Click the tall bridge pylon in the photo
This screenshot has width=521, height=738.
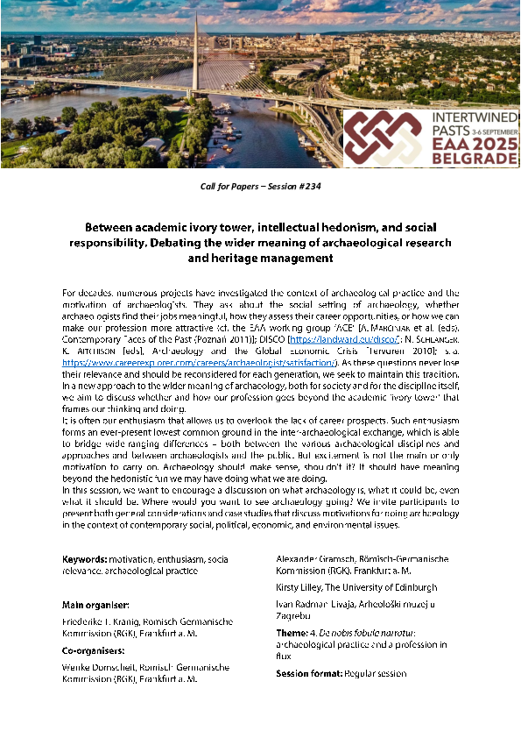[195, 44]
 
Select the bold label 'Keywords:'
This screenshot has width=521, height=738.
[84, 559]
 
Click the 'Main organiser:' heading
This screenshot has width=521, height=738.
[95, 605]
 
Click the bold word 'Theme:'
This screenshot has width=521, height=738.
[292, 633]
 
